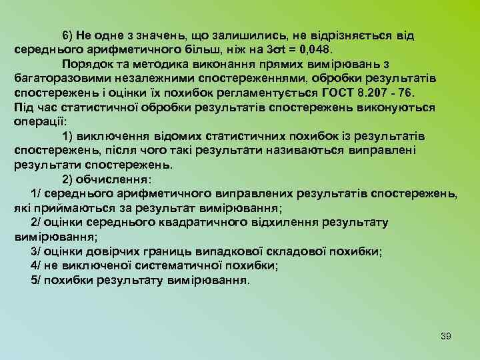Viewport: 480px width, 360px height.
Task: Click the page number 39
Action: pos(446,336)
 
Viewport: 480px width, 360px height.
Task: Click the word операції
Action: pos(39,122)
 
